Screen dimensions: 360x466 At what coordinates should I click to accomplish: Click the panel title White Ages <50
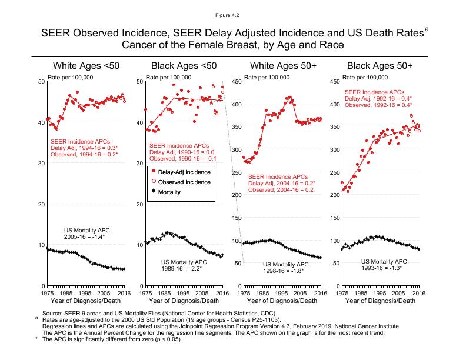pyautogui.click(x=86, y=65)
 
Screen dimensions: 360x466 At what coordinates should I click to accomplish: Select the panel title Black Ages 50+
pyautogui.click(x=380, y=65)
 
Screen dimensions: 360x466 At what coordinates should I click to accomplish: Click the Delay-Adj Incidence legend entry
pyautogui.click(x=186, y=171)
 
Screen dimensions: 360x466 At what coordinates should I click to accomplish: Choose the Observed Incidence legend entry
pyautogui.click(x=186, y=182)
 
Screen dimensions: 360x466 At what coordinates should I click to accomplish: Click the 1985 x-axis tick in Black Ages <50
pyautogui.click(x=164, y=292)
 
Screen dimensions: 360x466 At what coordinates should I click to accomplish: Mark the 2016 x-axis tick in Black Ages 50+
pyautogui.click(x=418, y=292)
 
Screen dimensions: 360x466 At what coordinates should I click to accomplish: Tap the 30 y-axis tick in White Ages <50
pyautogui.click(x=41, y=164)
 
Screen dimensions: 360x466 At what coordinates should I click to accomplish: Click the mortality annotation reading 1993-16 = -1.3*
pyautogui.click(x=384, y=268)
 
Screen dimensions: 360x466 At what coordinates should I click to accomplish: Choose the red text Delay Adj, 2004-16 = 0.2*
pyautogui.click(x=281, y=183)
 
